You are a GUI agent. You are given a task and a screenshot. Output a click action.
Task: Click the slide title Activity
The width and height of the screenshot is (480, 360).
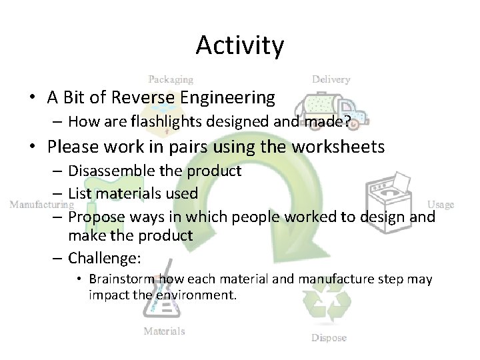tap(240, 46)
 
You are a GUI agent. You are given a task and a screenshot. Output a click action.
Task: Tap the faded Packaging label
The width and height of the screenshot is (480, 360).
tap(171, 79)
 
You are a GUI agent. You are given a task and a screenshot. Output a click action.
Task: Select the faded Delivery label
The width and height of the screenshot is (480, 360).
tap(331, 79)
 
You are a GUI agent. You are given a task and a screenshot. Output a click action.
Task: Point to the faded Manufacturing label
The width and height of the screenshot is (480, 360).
tap(41, 205)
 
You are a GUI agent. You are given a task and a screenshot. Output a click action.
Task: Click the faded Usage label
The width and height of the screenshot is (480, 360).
tap(440, 205)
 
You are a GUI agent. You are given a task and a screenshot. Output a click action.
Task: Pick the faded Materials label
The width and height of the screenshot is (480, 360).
tap(165, 331)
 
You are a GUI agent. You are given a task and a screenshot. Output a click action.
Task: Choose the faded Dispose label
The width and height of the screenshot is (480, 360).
tap(329, 337)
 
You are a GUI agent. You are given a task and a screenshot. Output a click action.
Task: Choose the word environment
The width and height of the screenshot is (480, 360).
tap(198, 294)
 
